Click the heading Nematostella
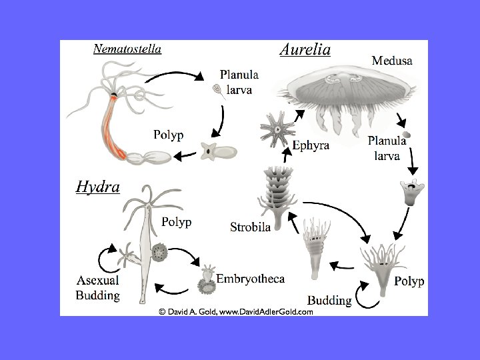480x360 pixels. click(x=127, y=49)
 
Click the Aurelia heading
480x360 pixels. click(x=305, y=50)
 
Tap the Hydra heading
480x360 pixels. click(x=97, y=187)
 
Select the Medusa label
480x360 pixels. click(x=392, y=60)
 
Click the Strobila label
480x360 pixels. click(x=250, y=227)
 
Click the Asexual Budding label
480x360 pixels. click(x=97, y=288)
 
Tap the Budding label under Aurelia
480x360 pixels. click(x=329, y=301)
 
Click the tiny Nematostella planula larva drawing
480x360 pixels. click(x=217, y=89)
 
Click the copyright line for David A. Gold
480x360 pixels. click(x=235, y=311)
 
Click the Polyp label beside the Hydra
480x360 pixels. click(x=176, y=222)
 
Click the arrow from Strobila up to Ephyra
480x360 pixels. click(x=287, y=155)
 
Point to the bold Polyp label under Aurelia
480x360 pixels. click(x=409, y=281)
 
